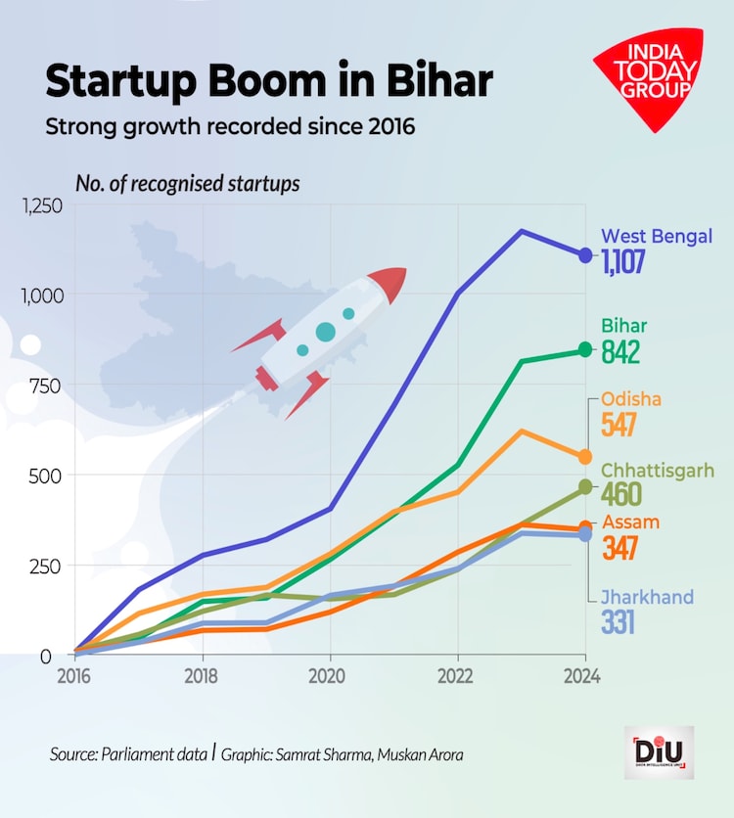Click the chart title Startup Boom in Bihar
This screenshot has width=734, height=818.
coord(268,83)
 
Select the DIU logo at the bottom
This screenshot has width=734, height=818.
coord(661,752)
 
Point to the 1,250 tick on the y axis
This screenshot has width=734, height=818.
coord(39,205)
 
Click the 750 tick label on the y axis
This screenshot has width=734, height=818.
coord(44,386)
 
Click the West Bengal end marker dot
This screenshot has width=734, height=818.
coord(585,255)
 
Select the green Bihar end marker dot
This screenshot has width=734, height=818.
coord(585,349)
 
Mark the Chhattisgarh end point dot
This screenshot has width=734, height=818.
coord(585,486)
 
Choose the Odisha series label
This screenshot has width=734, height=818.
coord(631,399)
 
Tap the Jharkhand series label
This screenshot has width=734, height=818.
coord(647,597)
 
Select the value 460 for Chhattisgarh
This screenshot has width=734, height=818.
coord(621,493)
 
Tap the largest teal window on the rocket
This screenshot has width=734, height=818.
coord(326,333)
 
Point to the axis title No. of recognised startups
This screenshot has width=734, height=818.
coord(188,183)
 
